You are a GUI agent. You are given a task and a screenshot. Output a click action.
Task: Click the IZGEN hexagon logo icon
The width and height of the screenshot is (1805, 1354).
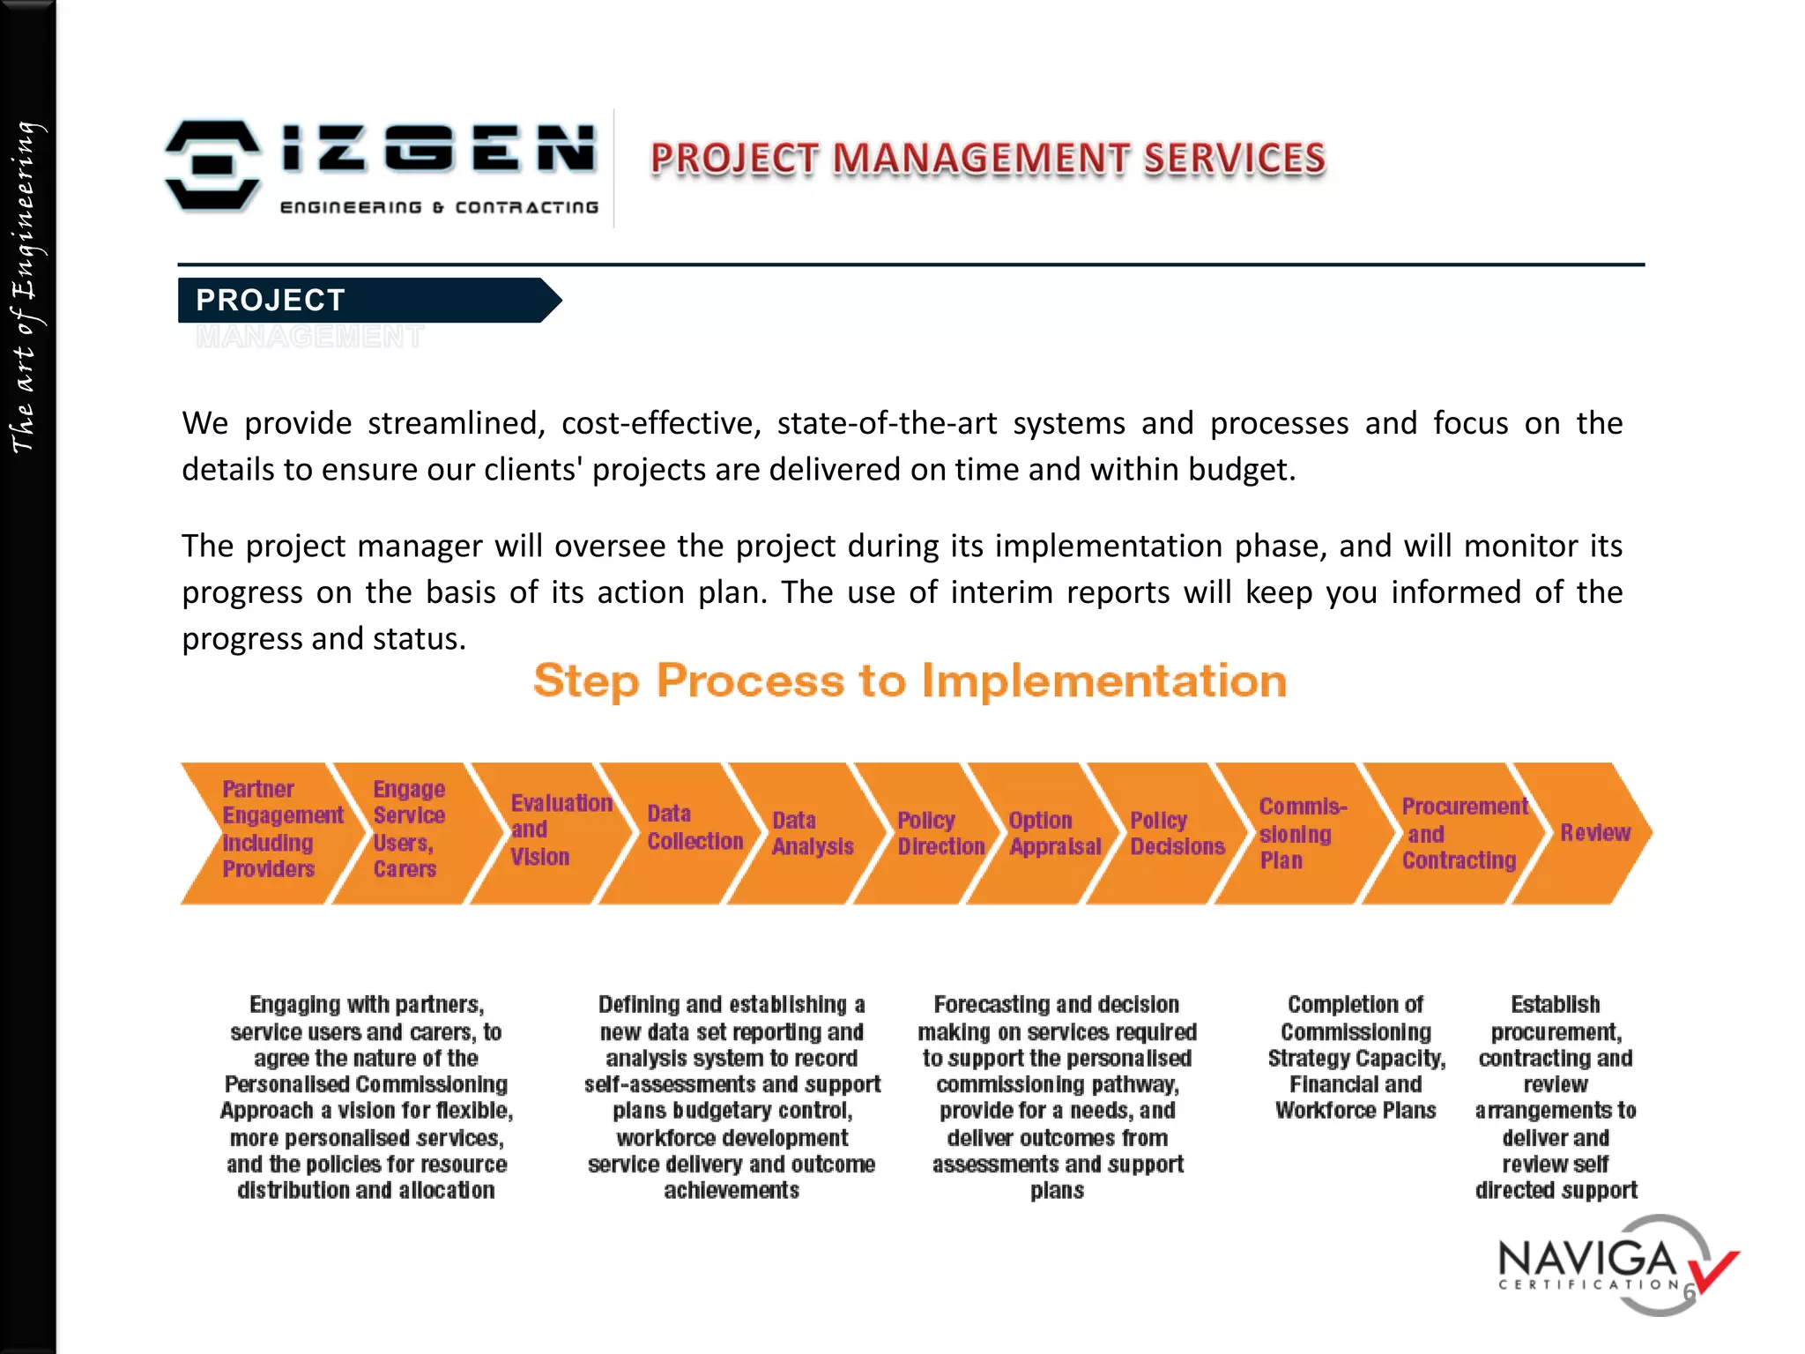coord(212,167)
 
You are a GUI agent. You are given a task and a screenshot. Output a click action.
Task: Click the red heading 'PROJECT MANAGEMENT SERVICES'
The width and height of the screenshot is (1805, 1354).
coord(987,159)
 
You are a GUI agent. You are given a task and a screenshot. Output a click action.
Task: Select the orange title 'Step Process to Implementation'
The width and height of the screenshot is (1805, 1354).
coord(910,681)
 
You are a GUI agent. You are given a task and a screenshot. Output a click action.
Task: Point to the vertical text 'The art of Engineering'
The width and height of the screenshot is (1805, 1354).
coord(25,286)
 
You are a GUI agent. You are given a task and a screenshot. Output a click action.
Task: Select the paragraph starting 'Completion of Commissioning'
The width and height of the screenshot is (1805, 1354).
coord(1356,1057)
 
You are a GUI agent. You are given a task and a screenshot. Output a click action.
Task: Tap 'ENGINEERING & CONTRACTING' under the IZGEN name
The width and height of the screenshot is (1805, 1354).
coord(439,208)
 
